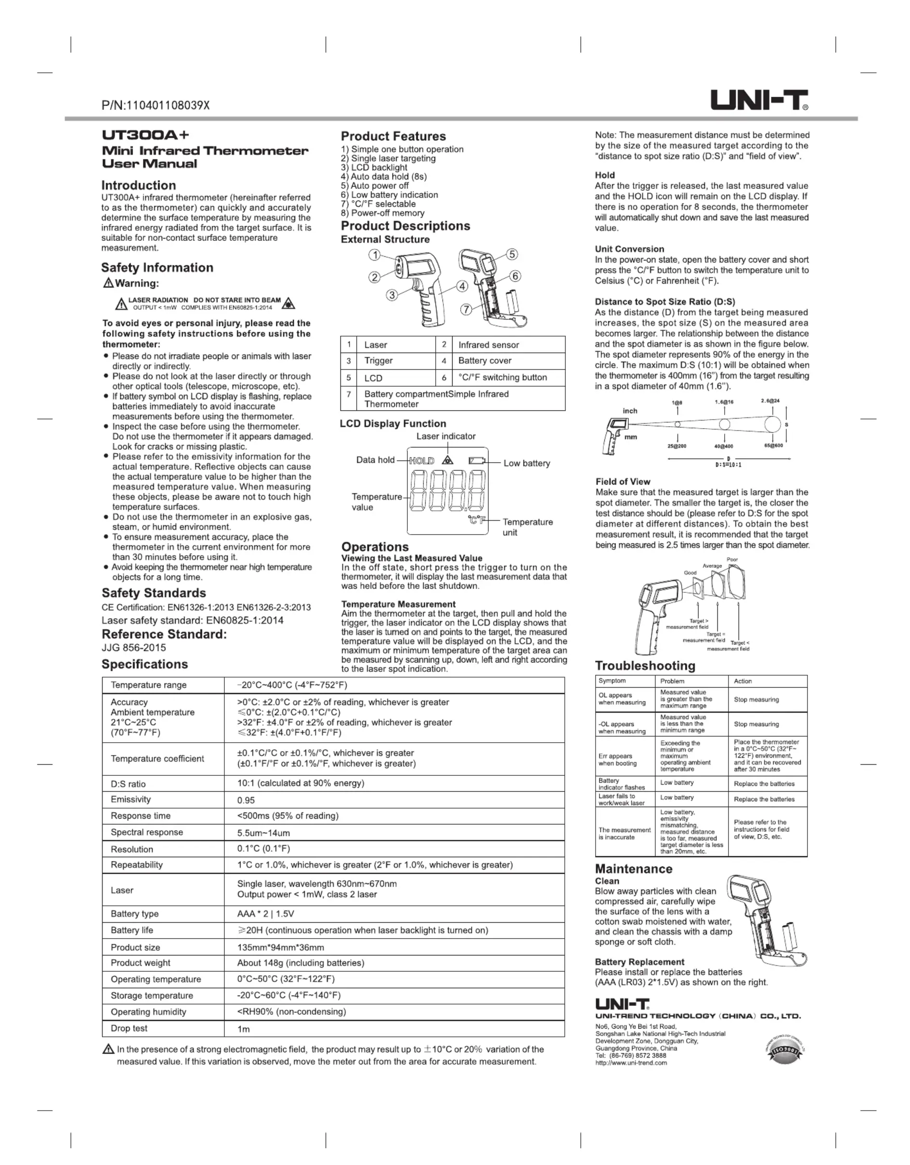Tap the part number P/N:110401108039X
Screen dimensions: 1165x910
[155, 105]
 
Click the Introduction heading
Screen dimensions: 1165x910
[139, 185]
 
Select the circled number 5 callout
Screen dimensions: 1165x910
[511, 254]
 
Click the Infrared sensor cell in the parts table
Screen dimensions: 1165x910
[488, 345]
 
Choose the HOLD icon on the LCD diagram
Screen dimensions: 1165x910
[421, 461]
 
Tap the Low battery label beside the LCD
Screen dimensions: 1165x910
[526, 463]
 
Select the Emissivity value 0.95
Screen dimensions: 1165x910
[246, 800]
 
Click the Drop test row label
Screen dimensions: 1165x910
[129, 1028]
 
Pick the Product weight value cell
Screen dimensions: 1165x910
[300, 963]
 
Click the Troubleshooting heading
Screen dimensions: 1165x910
[645, 665]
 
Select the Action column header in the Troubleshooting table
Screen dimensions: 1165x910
[742, 681]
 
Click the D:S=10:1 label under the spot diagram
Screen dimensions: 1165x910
[728, 465]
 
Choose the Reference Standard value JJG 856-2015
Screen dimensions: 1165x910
[134, 648]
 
